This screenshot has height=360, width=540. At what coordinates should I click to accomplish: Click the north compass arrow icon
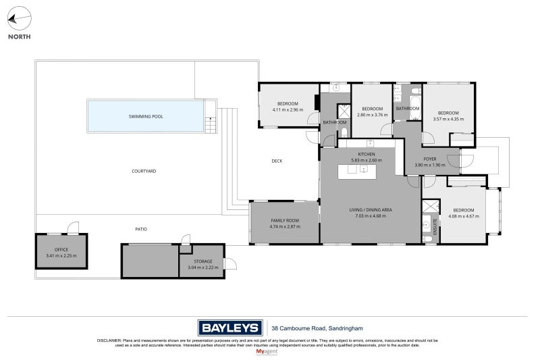[x=19, y=19]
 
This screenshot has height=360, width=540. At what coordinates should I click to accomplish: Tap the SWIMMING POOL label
[x=146, y=116]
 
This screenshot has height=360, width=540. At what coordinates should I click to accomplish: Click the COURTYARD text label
[x=144, y=172]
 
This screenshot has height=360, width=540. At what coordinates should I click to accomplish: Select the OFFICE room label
[x=61, y=249]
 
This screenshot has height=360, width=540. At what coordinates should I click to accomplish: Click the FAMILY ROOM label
[x=285, y=221]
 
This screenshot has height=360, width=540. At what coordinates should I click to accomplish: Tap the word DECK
[x=277, y=161]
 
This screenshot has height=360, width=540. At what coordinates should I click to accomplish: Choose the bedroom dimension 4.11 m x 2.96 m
[x=288, y=109]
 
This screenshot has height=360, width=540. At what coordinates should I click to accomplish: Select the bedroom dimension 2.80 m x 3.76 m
[x=373, y=114]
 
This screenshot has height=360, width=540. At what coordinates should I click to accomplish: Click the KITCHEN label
[x=367, y=155]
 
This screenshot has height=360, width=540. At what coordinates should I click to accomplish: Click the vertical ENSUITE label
[x=436, y=225]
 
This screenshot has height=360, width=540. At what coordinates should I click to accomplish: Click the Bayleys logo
[x=230, y=328]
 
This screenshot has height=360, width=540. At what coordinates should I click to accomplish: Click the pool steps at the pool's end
[x=211, y=118]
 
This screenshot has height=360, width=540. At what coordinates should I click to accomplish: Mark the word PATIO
[x=141, y=229]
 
